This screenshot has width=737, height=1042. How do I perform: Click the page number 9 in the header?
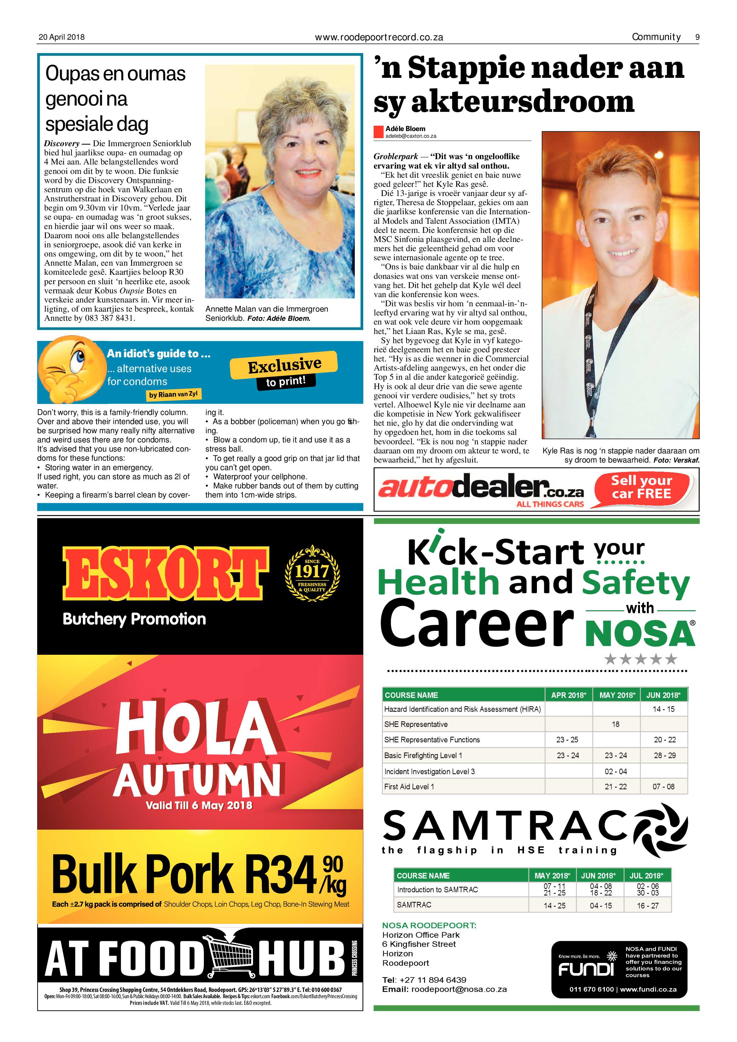(697, 37)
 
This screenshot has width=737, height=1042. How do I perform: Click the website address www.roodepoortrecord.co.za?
(379, 37)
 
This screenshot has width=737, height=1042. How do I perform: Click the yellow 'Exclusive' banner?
(284, 365)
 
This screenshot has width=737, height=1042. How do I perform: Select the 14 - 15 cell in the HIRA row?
(664, 709)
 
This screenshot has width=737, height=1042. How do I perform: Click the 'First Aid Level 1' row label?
(409, 786)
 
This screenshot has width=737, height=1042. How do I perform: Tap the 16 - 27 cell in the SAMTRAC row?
(647, 905)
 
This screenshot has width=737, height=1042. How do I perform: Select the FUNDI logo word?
(585, 970)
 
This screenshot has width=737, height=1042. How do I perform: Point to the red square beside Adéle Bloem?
(378, 132)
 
